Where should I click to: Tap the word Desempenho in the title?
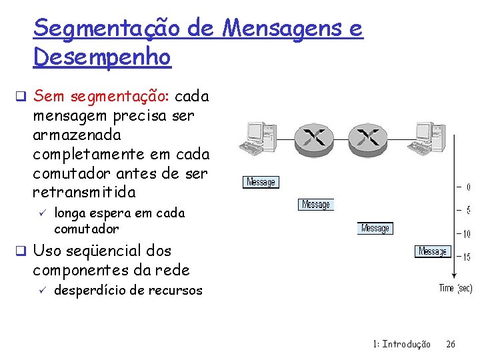[x=102, y=57]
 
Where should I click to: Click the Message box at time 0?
[x=261, y=182]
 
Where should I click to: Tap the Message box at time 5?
[x=316, y=205]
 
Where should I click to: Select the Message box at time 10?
[x=375, y=228]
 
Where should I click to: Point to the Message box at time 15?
[x=433, y=251]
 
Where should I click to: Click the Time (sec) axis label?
[x=455, y=288]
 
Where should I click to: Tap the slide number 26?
[x=451, y=344]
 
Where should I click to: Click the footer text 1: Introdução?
[x=401, y=344]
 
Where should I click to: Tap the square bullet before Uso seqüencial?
[x=22, y=252]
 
